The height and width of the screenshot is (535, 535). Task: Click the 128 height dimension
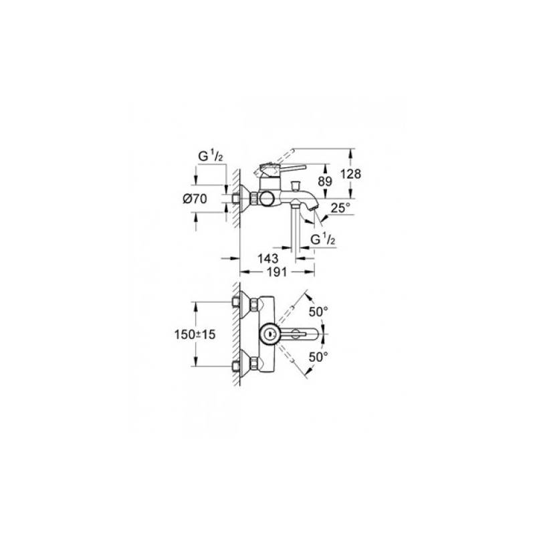pyautogui.click(x=350, y=174)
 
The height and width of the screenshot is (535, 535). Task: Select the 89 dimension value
pyautogui.click(x=324, y=181)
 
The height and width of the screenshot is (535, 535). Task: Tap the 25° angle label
pyautogui.click(x=340, y=207)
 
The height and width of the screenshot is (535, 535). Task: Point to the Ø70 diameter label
pyautogui.click(x=195, y=199)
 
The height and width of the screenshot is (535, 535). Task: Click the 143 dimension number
pyautogui.click(x=268, y=258)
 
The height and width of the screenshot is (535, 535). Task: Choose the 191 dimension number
pyautogui.click(x=276, y=272)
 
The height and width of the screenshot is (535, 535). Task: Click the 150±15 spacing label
pyautogui.click(x=195, y=334)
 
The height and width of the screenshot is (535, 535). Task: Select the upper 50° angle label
pyautogui.click(x=318, y=311)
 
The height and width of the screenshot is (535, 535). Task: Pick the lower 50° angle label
pyautogui.click(x=318, y=357)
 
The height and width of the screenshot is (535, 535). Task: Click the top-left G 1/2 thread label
pyautogui.click(x=211, y=156)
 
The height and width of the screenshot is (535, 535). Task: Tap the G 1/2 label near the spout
pyautogui.click(x=322, y=240)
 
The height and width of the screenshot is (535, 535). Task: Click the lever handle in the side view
pyautogui.click(x=282, y=170)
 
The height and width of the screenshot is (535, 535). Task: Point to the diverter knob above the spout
pyautogui.click(x=294, y=186)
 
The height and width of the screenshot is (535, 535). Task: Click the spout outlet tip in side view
pyautogui.click(x=313, y=208)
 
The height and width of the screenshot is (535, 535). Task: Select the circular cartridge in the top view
pyautogui.click(x=270, y=334)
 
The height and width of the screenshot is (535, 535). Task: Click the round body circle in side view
pyautogui.click(x=267, y=198)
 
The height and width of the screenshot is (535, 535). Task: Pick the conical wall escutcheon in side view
pyautogui.click(x=245, y=198)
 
